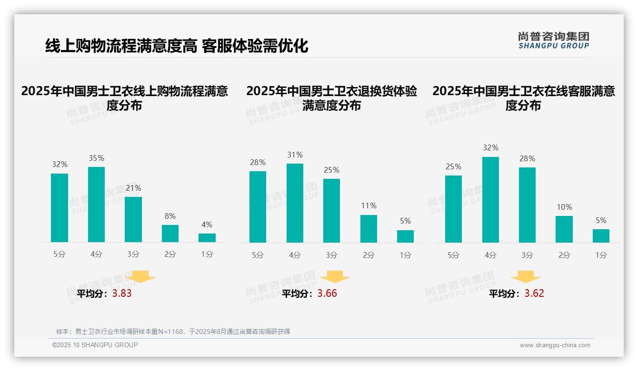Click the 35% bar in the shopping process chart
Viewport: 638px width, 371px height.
click(x=96, y=205)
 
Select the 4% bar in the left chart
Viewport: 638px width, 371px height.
click(x=207, y=238)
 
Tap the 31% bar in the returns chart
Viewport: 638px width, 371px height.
click(x=295, y=203)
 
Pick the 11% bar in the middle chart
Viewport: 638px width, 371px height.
click(x=369, y=229)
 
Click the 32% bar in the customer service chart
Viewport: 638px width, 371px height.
click(x=490, y=200)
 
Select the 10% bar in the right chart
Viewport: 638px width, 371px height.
click(x=564, y=229)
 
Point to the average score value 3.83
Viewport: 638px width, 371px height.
click(x=122, y=293)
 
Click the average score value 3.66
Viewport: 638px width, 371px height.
click(x=327, y=293)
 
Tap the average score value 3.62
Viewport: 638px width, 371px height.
click(x=534, y=293)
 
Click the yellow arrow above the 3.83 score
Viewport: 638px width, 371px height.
click(x=140, y=277)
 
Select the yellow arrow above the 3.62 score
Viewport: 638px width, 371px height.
click(x=526, y=277)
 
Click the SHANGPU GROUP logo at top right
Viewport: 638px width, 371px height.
click(x=553, y=40)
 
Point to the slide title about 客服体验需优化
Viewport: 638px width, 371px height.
click(x=177, y=46)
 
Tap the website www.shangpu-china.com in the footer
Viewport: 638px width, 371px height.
click(x=555, y=345)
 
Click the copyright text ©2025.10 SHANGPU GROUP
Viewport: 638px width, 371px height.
click(x=95, y=345)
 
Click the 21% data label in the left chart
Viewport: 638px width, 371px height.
click(x=133, y=188)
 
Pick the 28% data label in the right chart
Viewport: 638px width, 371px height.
click(x=527, y=159)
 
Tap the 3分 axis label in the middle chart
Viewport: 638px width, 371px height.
click(x=331, y=255)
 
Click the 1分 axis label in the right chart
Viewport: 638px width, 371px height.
click(x=601, y=255)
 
